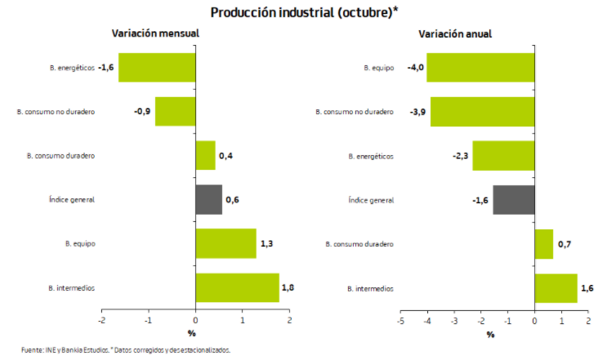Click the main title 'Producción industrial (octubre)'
click(x=304, y=12)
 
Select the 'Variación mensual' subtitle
click(x=155, y=33)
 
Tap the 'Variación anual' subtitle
click(x=455, y=33)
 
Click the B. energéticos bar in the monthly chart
click(x=158, y=67)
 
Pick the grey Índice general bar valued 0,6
click(x=208, y=199)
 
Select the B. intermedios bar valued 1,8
click(x=237, y=287)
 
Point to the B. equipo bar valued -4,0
click(x=480, y=67)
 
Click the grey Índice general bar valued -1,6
click(x=513, y=199)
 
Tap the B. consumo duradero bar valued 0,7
click(x=543, y=243)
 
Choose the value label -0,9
click(x=141, y=111)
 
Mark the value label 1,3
click(x=266, y=243)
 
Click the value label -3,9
click(x=417, y=111)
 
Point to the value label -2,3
click(x=459, y=155)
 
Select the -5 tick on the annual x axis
click(x=399, y=322)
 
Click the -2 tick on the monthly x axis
click(x=102, y=322)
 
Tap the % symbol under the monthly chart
click(x=191, y=334)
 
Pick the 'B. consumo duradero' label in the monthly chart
click(x=60, y=155)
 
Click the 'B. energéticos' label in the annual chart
click(x=371, y=155)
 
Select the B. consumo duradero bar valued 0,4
click(x=205, y=155)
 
